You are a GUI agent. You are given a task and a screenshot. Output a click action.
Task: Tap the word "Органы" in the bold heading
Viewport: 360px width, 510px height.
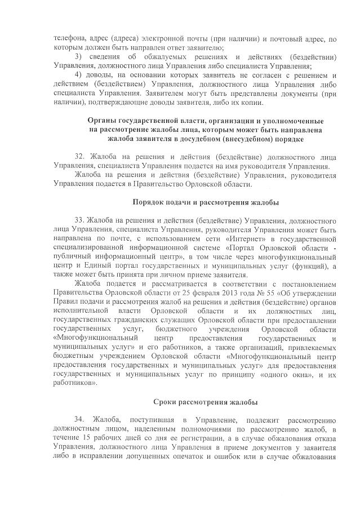[x=103, y=121]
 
